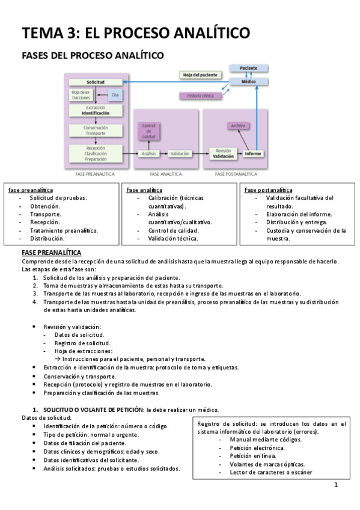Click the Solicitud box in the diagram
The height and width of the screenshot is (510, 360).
pos(96,82)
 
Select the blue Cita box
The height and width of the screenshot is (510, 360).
pos(115,95)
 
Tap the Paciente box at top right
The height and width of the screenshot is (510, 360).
pos(248,69)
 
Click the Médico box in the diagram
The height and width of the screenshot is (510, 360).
pos(248,81)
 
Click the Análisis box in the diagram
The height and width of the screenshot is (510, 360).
pos(148,154)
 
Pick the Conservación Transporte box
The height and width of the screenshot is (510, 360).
pos(95,131)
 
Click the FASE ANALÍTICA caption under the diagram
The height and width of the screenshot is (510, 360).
pos(165,173)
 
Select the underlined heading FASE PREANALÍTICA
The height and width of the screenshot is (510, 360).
pos(51,253)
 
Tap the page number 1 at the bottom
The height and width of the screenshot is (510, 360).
pos(336,485)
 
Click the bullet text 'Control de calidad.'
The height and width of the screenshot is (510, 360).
pos(173,230)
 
